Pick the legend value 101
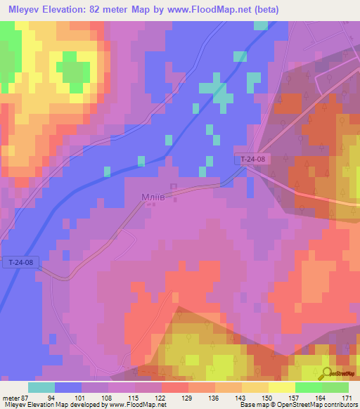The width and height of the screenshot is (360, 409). [80, 397]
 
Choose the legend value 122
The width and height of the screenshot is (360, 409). [160, 397]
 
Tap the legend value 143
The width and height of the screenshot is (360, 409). [241, 397]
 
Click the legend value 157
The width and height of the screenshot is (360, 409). [295, 397]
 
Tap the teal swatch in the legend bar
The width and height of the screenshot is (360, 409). [41, 387]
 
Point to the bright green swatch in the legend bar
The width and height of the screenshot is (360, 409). [308, 387]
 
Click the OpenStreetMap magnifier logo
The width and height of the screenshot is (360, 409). [327, 374]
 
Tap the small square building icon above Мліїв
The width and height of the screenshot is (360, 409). [174, 187]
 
